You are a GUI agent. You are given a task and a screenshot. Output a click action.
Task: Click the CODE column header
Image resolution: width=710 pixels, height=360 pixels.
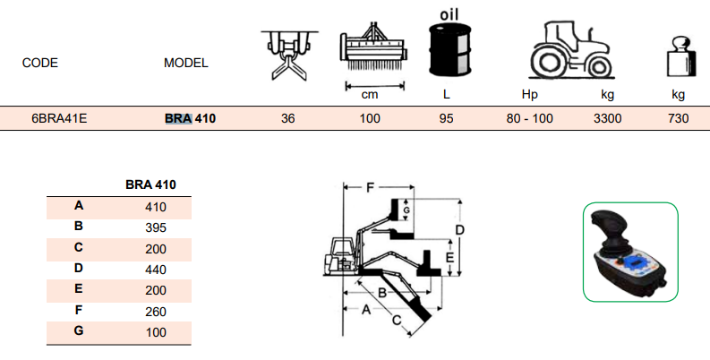click(40, 64)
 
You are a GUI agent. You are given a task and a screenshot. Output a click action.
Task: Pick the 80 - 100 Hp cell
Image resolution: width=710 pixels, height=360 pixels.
click(530, 118)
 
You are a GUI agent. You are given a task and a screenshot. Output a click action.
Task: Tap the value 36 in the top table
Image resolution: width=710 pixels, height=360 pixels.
click(287, 118)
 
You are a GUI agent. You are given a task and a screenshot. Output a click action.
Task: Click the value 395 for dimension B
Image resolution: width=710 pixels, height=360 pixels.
click(156, 227)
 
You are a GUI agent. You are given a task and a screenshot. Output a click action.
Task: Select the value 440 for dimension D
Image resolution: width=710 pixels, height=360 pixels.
click(156, 267)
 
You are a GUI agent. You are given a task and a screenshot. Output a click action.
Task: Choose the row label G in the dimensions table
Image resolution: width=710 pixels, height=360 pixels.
click(79, 332)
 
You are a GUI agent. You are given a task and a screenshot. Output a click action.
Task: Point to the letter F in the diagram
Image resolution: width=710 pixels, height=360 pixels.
click(370, 188)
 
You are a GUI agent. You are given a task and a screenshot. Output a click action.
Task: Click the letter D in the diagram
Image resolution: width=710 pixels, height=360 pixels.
click(458, 230)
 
